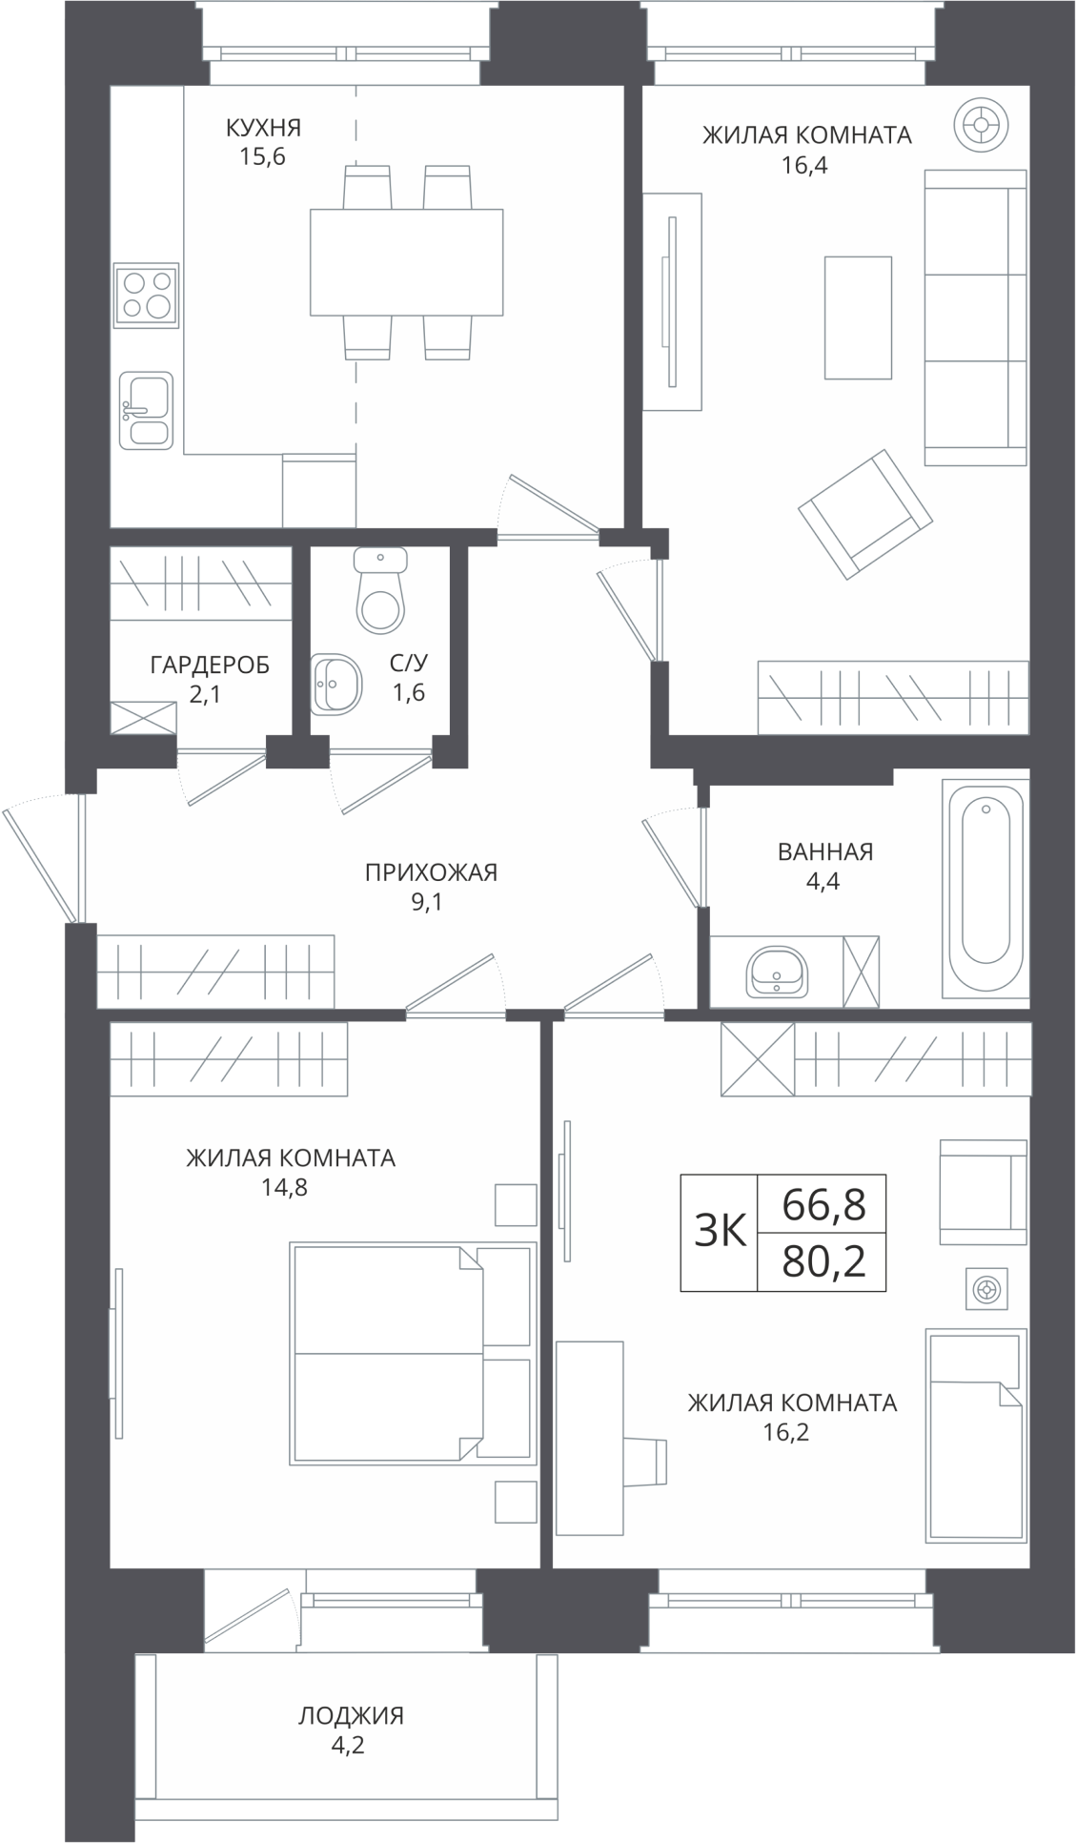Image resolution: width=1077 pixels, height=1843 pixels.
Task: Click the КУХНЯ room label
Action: (x=263, y=127)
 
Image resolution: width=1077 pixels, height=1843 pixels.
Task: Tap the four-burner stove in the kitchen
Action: (x=146, y=295)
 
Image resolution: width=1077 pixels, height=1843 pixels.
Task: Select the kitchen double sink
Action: (x=146, y=410)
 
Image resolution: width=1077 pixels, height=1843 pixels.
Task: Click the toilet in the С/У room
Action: (x=380, y=590)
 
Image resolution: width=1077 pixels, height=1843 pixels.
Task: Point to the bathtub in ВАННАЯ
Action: (x=986, y=889)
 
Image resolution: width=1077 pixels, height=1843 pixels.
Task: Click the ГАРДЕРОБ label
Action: (x=210, y=665)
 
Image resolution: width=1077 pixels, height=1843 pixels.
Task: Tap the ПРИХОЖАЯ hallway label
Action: (x=432, y=871)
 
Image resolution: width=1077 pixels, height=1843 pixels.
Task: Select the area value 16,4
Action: (x=804, y=165)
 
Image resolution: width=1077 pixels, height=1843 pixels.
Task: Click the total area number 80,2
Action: (x=823, y=1263)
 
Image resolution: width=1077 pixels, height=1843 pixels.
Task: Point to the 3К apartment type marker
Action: (x=720, y=1233)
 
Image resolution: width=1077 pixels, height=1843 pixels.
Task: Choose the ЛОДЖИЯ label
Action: (x=352, y=1715)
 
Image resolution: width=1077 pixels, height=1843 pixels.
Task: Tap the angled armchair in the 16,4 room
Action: (x=865, y=515)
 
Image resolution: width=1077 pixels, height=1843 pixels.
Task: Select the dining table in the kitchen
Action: (x=407, y=262)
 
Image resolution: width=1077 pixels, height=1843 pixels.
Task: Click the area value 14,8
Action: (x=284, y=1187)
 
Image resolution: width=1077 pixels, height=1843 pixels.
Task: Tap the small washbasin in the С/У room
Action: (x=336, y=683)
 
